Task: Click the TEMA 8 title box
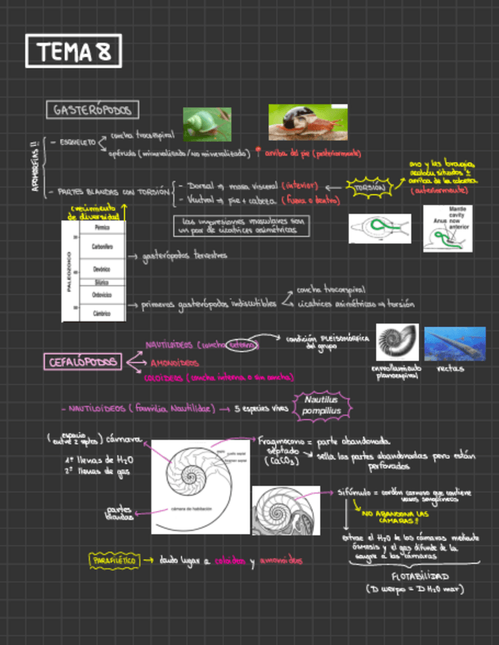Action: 73,52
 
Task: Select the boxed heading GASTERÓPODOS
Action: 92,110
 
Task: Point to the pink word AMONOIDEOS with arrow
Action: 175,363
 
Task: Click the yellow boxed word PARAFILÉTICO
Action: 114,561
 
